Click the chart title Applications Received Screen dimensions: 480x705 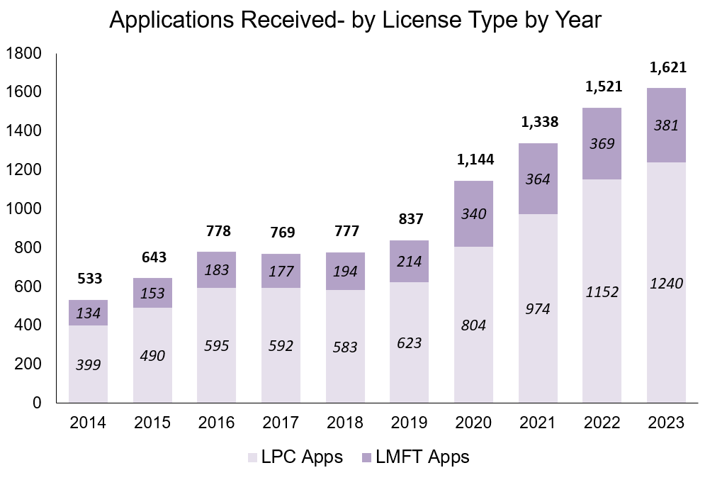pyautogui.click(x=355, y=21)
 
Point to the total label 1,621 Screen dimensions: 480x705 pyautogui.click(x=667, y=69)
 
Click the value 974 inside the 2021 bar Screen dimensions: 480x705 pyautogui.click(x=538, y=309)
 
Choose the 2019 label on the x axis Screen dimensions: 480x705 pyautogui.click(x=410, y=423)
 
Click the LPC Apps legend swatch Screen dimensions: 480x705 pyautogui.click(x=253, y=457)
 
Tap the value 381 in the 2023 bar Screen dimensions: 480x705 pyautogui.click(x=667, y=125)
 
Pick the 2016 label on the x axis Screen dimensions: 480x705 pyautogui.click(x=217, y=423)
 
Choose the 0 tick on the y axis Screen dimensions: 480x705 pyautogui.click(x=39, y=403)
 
